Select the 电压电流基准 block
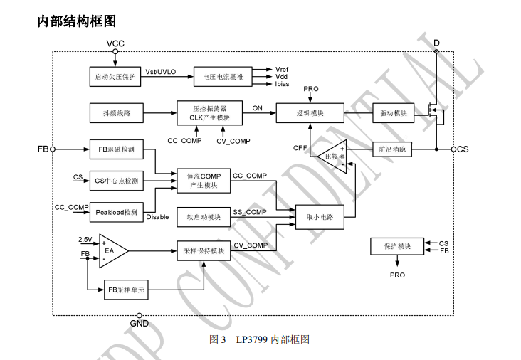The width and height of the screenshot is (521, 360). [x=223, y=76]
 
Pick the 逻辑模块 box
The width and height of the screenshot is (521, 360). [x=310, y=113]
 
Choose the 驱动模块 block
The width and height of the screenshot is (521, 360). [x=394, y=113]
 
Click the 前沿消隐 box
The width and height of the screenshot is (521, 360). [x=394, y=149]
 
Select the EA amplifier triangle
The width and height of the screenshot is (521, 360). [x=112, y=250]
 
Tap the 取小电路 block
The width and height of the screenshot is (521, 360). [x=320, y=217]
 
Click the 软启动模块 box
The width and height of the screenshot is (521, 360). [x=204, y=217]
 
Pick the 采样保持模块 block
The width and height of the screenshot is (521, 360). [x=204, y=250]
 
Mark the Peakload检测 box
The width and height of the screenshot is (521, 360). [x=117, y=212]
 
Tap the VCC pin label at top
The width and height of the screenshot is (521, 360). [x=115, y=43]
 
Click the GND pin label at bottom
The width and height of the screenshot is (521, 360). [x=139, y=323]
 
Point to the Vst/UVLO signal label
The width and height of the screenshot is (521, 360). [x=160, y=71]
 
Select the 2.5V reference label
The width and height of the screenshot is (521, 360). [x=85, y=240]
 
